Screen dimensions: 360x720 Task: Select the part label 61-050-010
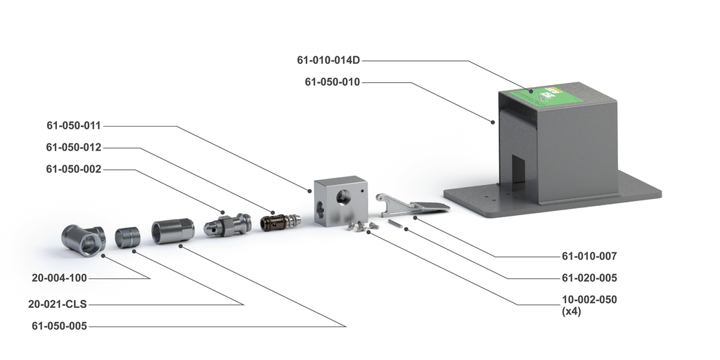coord(332,82)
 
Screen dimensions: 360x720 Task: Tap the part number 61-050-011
coord(74,126)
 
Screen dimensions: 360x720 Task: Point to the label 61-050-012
coord(74,148)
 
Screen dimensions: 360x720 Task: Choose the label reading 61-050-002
coord(74,169)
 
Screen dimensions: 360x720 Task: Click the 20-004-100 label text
coord(59,278)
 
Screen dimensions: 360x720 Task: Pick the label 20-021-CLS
coord(57,304)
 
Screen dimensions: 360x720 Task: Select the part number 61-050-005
coord(59,326)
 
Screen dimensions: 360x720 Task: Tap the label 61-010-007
coord(589,256)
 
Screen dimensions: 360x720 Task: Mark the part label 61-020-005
coord(589,278)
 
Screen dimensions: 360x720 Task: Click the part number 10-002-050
coord(589,300)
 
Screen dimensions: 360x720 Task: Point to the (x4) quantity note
coord(571,311)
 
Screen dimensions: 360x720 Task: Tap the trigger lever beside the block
coord(411,205)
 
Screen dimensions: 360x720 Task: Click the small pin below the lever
coord(394,223)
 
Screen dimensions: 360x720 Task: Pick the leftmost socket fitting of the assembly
coord(82,240)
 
